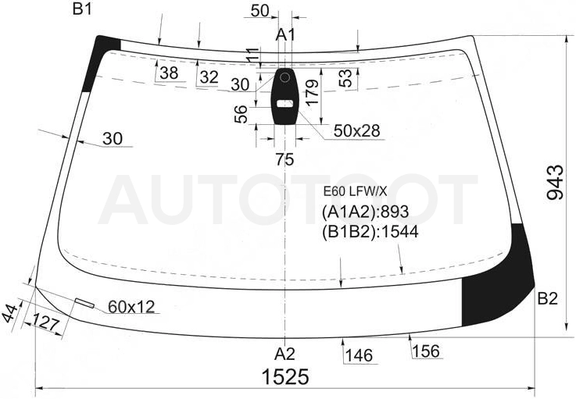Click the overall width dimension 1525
(285, 376)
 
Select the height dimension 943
(555, 183)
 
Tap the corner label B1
(82, 9)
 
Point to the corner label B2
(548, 299)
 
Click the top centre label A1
(285, 35)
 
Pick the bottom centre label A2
(284, 354)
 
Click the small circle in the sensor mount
(284, 77)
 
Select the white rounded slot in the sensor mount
(284, 104)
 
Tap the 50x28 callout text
(356, 130)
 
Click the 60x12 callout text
(131, 307)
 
